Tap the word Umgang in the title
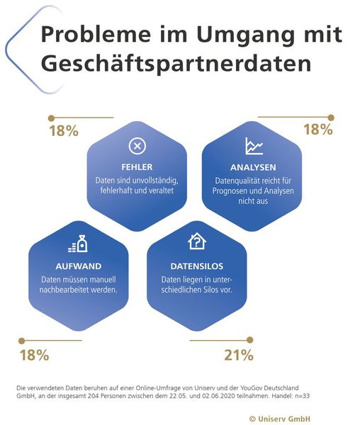point(230,34)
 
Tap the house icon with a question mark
point(196,242)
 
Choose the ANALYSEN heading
point(252,167)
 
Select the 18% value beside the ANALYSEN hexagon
point(317,129)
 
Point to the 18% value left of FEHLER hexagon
point(63,130)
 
